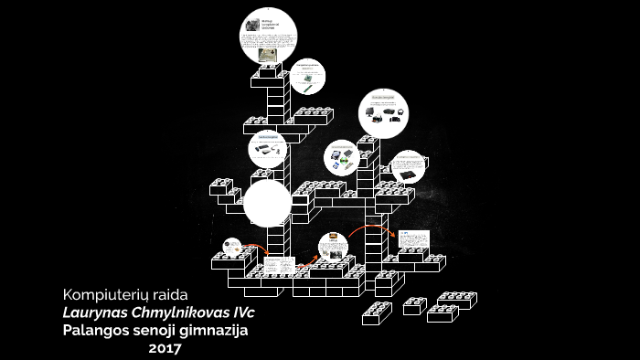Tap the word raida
[170, 294]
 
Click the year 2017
[165, 347]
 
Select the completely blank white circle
[268, 203]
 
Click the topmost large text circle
[270, 37]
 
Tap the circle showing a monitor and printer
[382, 113]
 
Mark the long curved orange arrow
[369, 227]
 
